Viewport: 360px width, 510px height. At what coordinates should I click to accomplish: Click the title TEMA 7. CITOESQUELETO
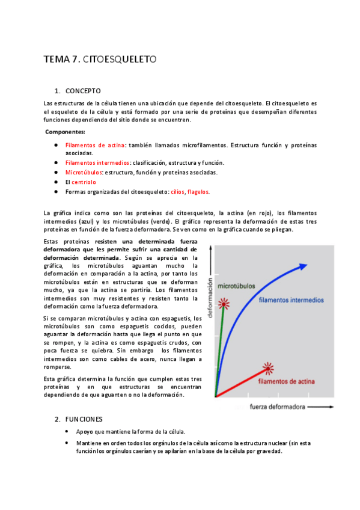[100, 60]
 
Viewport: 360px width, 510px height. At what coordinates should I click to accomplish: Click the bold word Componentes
[65, 132]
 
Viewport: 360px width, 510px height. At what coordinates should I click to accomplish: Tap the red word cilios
[177, 192]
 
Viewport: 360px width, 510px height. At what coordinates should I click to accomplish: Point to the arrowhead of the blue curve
[305, 266]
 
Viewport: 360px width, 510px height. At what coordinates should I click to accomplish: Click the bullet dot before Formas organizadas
[55, 192]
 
